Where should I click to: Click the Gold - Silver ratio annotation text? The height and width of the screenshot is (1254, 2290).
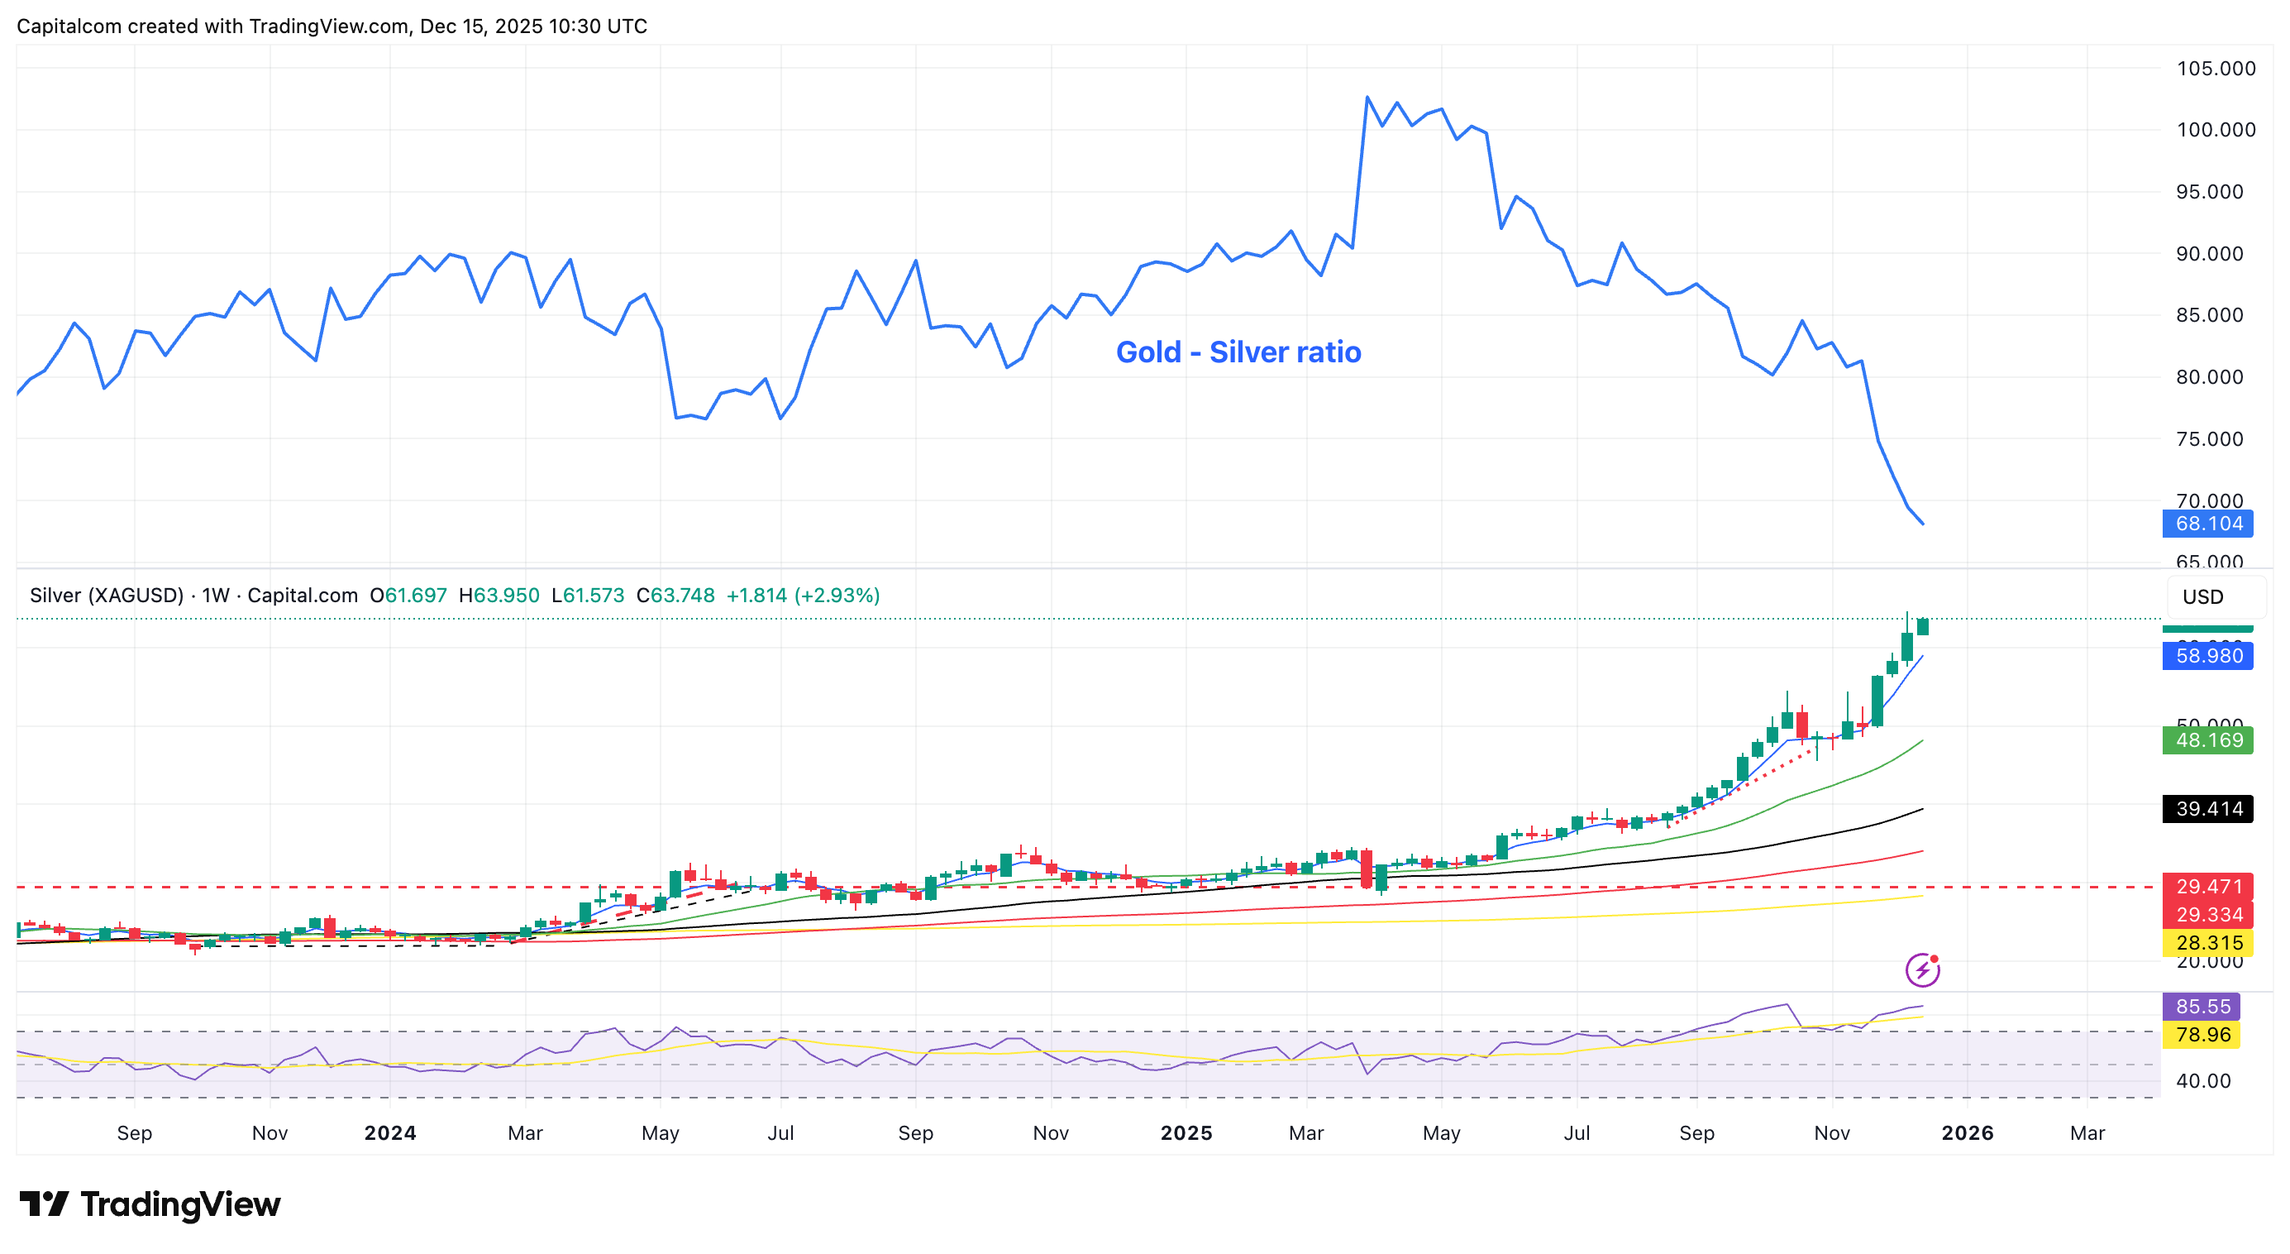pos(1238,352)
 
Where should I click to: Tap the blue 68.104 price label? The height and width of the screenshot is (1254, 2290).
pos(2207,524)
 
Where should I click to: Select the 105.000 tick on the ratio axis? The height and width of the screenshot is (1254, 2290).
pos(2215,69)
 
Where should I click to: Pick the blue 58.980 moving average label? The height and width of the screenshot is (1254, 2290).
pos(2207,656)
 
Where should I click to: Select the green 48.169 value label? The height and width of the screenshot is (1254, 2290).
pos(2207,740)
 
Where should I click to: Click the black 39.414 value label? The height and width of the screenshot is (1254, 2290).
pos(2207,808)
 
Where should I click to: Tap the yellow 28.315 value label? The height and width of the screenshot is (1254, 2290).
pos(2207,943)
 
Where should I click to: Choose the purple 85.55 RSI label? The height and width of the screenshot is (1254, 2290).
pos(2202,1007)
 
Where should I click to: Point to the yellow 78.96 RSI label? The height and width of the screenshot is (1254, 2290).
pos(2202,1034)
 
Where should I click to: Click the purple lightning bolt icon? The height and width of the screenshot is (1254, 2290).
pos(1922,969)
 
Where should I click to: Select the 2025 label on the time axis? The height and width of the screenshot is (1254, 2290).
pos(1186,1133)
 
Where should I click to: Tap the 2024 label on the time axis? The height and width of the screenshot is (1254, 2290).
pos(389,1133)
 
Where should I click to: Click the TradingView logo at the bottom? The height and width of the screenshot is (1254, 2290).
pos(150,1204)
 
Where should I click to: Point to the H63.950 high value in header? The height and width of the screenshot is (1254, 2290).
pos(499,595)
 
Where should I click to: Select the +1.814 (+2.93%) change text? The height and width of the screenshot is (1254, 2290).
pos(803,595)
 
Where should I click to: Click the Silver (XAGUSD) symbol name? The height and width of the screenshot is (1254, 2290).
pos(106,595)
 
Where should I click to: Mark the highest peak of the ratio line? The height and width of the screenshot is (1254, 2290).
pos(1367,97)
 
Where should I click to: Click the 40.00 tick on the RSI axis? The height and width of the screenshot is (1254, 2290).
pos(2202,1081)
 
